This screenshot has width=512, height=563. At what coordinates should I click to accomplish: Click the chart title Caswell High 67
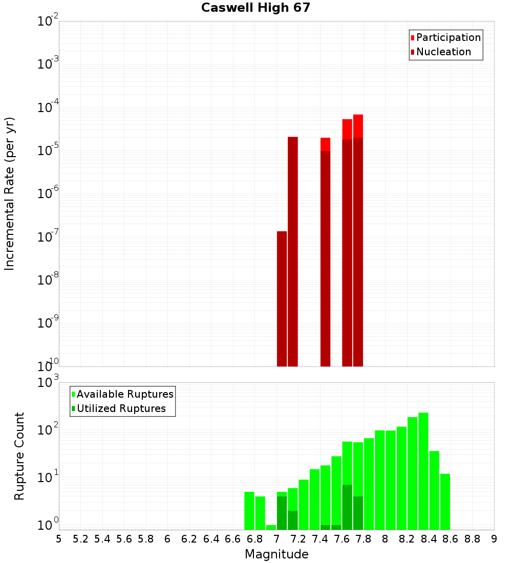click(x=255, y=8)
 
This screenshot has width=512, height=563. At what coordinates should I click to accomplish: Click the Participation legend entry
click(x=449, y=37)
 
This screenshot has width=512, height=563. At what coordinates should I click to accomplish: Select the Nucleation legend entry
click(x=443, y=52)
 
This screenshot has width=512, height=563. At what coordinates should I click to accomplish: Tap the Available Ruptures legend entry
click(x=125, y=394)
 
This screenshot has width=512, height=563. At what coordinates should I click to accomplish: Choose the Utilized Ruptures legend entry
click(x=121, y=408)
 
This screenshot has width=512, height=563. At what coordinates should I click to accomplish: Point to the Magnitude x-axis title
click(x=276, y=554)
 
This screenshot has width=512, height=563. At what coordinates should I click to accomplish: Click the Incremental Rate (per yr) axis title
click(x=10, y=193)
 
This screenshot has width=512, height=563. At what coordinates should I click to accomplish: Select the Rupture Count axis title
click(x=19, y=456)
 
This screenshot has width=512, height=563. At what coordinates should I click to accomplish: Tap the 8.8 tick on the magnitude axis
click(x=472, y=539)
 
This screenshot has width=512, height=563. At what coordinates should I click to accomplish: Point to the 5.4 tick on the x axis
click(x=102, y=539)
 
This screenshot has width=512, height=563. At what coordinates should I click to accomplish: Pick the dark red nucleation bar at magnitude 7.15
click(x=293, y=251)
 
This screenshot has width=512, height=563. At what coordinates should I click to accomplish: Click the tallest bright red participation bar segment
click(x=358, y=126)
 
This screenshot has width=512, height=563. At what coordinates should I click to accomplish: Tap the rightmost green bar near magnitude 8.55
click(x=445, y=502)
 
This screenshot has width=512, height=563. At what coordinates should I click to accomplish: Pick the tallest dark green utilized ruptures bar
click(x=347, y=507)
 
